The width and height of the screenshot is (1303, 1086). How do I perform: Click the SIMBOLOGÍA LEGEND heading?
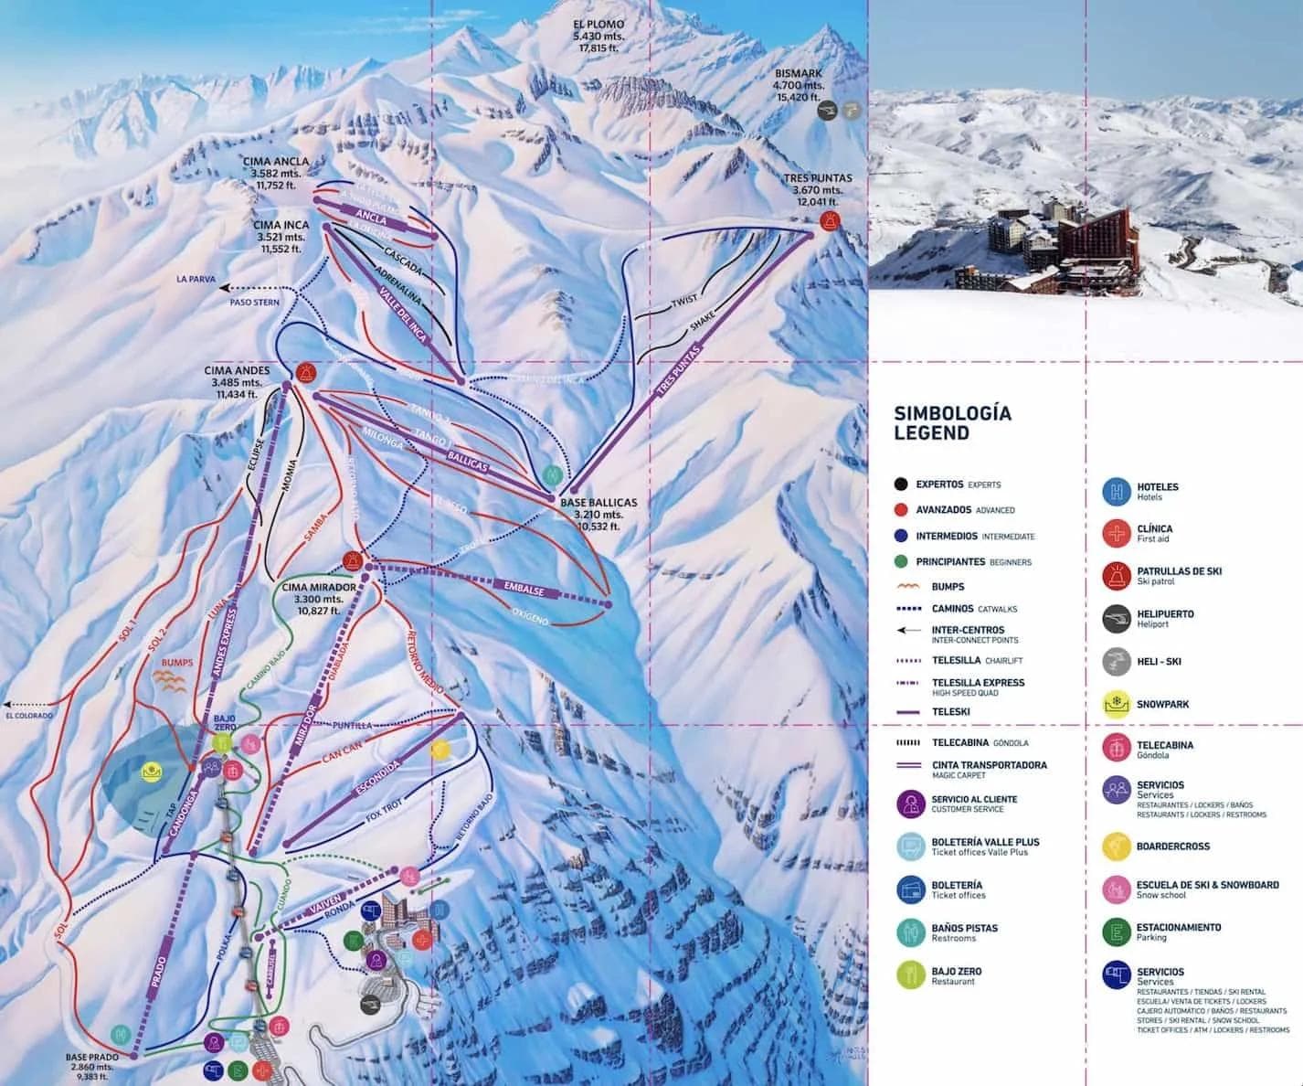pos(952,423)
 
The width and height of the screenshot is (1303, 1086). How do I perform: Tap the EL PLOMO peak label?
pos(598,36)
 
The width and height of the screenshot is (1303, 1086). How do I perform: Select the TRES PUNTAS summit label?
pos(817,190)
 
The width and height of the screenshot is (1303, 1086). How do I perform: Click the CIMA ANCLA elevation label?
pos(276,173)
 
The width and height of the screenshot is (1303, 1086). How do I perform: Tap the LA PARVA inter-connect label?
pos(196,279)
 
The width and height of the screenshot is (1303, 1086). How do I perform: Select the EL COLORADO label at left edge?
pos(29,716)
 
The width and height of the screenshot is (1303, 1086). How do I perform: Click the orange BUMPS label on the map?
pos(176,663)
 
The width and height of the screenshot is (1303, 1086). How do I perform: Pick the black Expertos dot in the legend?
pos(902,484)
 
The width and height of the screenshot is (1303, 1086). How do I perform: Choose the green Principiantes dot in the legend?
pos(902,562)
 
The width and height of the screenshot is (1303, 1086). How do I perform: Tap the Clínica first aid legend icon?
pos(1116,534)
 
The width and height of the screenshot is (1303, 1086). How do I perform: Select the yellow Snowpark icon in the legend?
pos(1116,705)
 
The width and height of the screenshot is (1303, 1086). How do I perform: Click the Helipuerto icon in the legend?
pos(1116,619)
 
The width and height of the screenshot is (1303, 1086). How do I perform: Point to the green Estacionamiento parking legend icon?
pos(1116,932)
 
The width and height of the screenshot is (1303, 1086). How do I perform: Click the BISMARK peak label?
pos(798,85)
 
